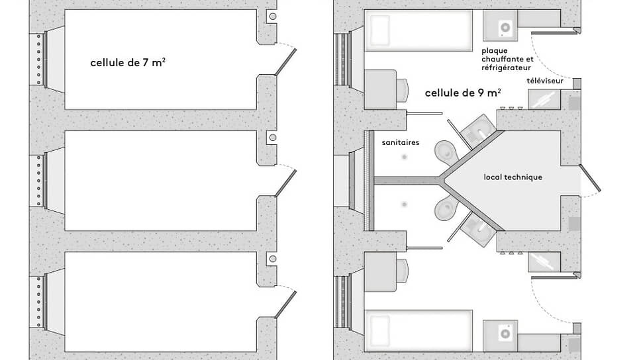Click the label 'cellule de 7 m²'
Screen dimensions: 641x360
(128, 63)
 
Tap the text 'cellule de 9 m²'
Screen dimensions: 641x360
(462, 93)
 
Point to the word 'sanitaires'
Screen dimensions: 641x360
(401, 142)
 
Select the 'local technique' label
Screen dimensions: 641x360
(513, 177)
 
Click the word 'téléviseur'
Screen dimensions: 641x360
(545, 81)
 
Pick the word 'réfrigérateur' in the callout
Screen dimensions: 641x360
(507, 67)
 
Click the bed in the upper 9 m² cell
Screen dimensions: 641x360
(418, 30)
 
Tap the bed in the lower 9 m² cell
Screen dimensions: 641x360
(418, 328)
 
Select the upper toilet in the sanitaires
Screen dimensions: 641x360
(446, 150)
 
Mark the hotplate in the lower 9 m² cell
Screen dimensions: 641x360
(505, 332)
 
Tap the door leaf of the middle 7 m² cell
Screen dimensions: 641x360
(285, 183)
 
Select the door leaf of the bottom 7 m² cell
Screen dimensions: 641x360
(285, 306)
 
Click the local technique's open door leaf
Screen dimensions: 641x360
(589, 179)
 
